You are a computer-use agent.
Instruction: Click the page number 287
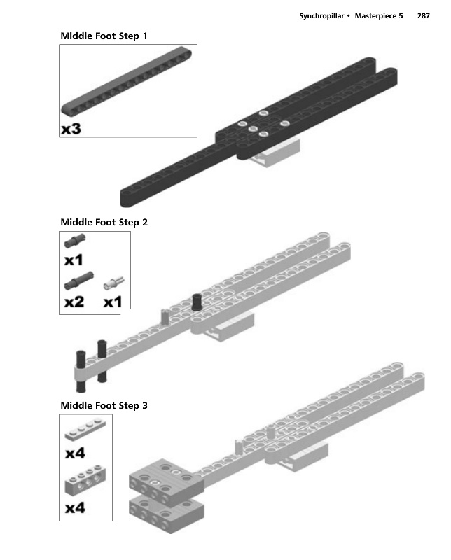coord(423,15)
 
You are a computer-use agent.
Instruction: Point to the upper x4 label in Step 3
coord(75,453)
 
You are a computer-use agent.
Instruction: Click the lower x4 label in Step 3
coord(75,507)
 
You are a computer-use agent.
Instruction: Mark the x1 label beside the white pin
coord(113,302)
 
